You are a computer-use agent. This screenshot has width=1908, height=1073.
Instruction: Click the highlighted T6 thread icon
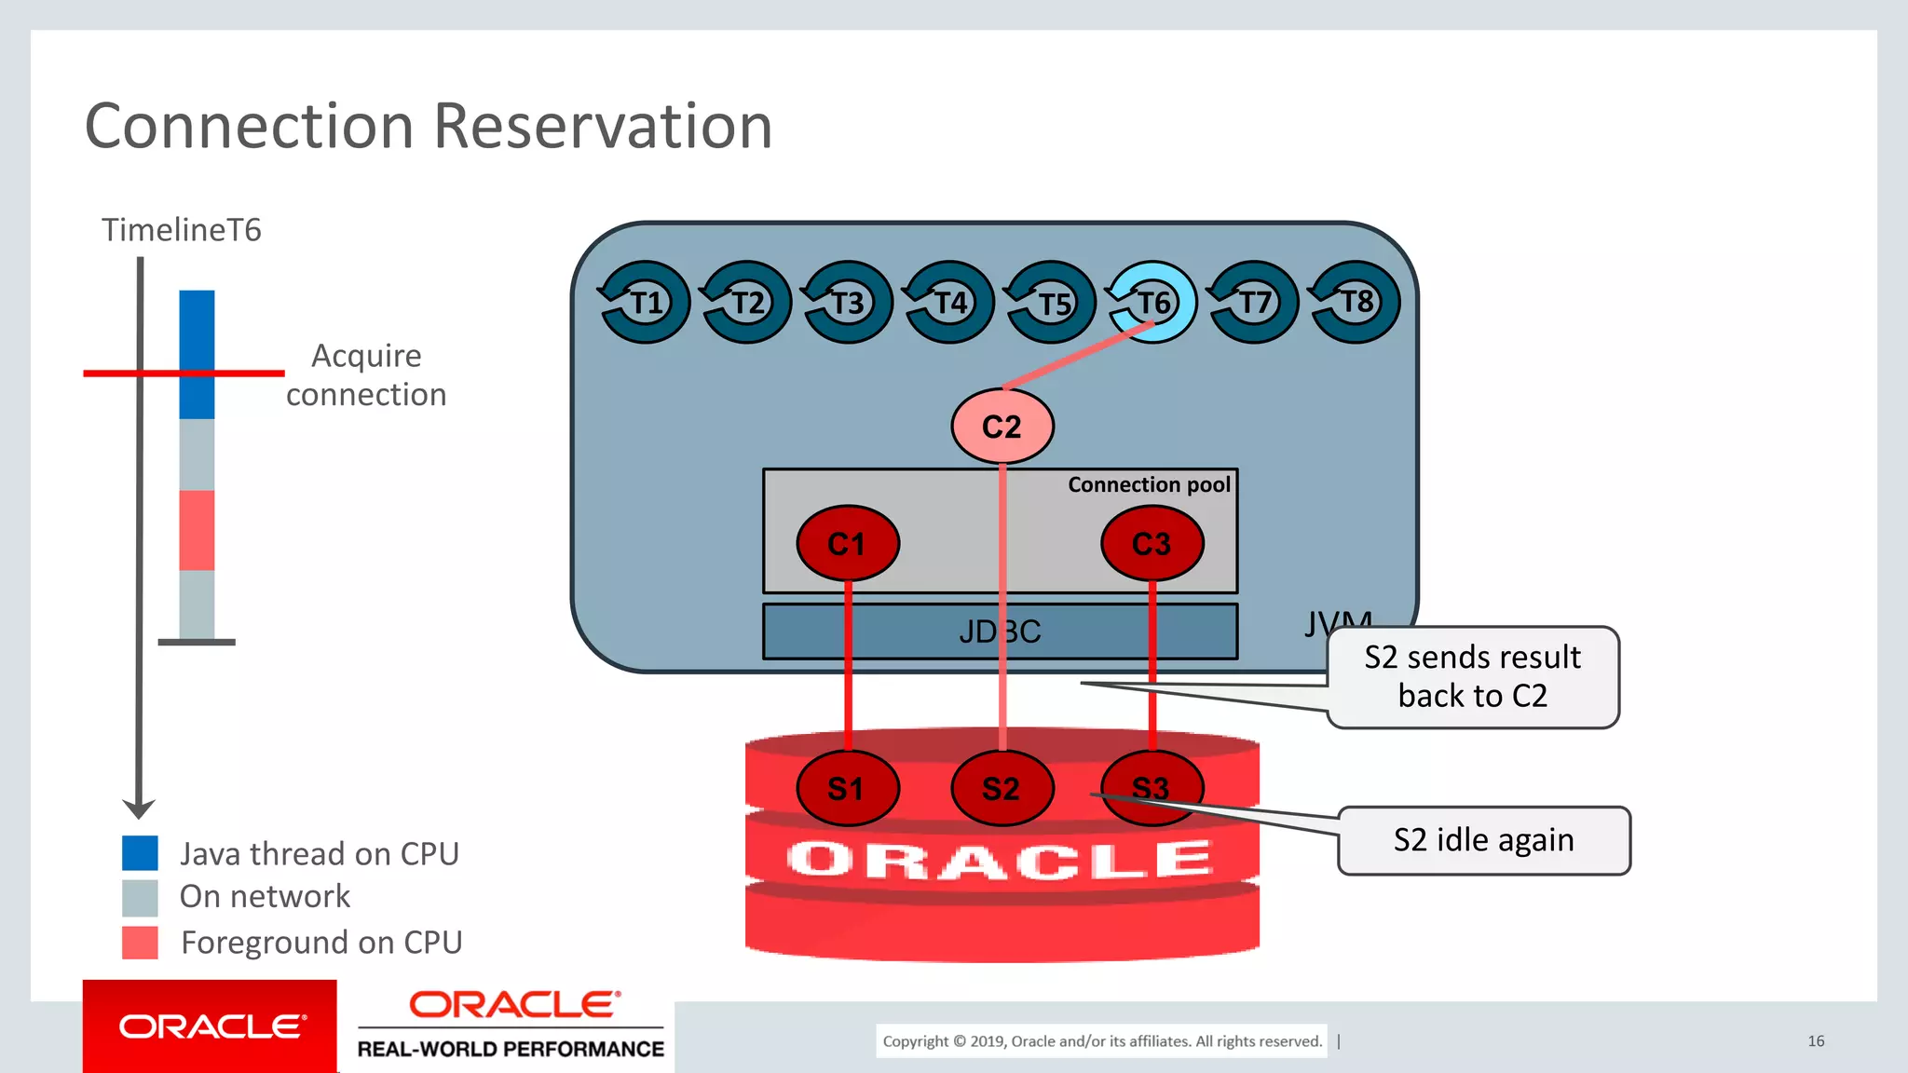[x=1152, y=302]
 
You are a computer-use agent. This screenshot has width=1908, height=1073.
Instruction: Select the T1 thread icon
[x=645, y=302]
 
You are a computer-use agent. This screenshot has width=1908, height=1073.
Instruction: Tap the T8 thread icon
[x=1356, y=302]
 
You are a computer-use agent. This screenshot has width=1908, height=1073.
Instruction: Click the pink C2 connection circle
[x=1002, y=427]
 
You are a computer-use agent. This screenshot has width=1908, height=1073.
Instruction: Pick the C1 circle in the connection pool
[x=847, y=544]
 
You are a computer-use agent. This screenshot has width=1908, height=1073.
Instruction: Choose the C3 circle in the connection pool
[x=1152, y=544]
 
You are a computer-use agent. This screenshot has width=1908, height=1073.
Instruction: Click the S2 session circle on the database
[x=1002, y=789]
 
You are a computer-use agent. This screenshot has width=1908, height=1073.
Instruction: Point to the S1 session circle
[x=847, y=789]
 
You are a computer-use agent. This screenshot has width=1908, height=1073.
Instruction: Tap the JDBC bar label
[x=1000, y=632]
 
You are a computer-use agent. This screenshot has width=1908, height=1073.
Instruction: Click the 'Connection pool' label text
[x=1148, y=484]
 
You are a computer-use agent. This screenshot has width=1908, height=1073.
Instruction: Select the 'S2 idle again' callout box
[x=1483, y=840]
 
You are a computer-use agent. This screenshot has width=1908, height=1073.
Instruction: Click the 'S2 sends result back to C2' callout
[x=1472, y=677]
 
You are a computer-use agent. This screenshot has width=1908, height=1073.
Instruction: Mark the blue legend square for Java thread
[x=140, y=853]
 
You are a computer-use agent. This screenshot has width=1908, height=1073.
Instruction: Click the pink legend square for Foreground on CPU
[x=140, y=943]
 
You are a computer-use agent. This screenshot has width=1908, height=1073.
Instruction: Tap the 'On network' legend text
[x=265, y=896]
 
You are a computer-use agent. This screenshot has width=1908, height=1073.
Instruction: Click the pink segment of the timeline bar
[x=197, y=530]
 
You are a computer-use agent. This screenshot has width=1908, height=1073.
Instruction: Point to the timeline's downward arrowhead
[x=139, y=808]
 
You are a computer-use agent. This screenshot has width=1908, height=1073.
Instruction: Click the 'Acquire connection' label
[x=366, y=374]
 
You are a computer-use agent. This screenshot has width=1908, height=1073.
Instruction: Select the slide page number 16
[x=1816, y=1040]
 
